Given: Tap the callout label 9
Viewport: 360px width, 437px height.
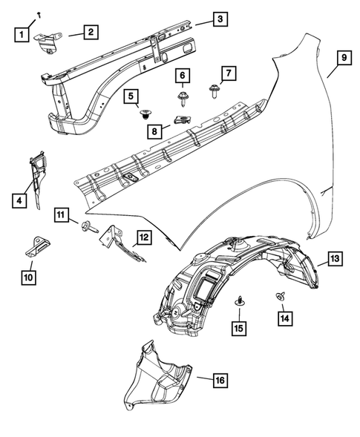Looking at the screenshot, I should pyautogui.click(x=343, y=57).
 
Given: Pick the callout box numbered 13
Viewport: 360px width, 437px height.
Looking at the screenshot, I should pyautogui.click(x=334, y=258).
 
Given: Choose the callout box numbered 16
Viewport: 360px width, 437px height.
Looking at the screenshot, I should pyautogui.click(x=220, y=380).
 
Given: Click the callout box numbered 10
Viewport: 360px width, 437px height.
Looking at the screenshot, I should pyautogui.click(x=29, y=277).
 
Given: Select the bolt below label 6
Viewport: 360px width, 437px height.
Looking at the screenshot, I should pyautogui.click(x=182, y=96).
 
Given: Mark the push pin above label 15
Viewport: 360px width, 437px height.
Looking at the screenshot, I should pyautogui.click(x=240, y=300).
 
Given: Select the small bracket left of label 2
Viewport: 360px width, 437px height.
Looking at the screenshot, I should pyautogui.click(x=50, y=42).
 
